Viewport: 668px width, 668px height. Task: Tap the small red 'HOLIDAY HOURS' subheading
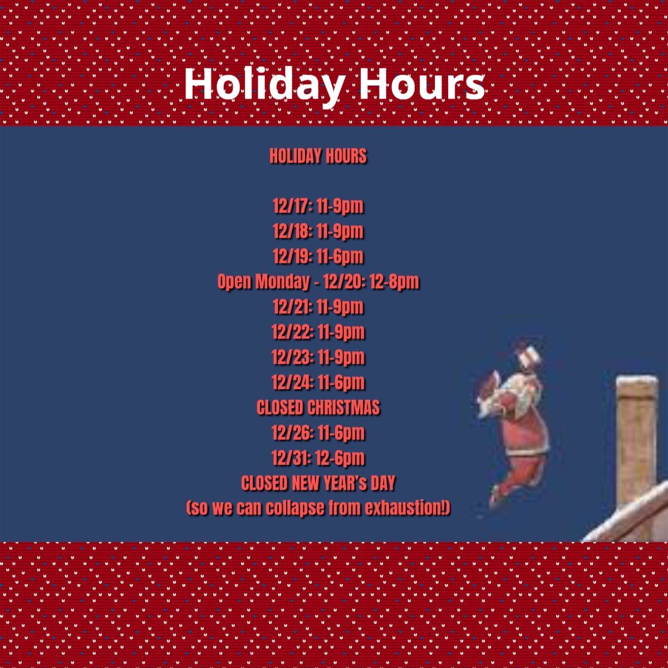coord(318,156)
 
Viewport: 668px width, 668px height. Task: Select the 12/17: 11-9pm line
coord(318,206)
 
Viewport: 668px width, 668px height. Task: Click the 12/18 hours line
coord(318,231)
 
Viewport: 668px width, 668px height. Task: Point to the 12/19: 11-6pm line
coord(318,257)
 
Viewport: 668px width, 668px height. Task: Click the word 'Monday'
coord(283,281)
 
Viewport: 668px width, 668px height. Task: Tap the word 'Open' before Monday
coord(234,282)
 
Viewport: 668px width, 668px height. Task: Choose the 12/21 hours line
coord(318,307)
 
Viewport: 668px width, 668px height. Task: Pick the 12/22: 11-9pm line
coord(318,332)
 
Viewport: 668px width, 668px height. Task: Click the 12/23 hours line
coord(318,357)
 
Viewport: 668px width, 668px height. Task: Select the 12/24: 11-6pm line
coord(318,382)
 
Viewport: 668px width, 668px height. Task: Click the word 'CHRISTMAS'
coord(343,407)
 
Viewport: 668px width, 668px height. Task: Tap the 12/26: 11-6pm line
coord(318,433)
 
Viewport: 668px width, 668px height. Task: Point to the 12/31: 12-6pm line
coord(318,458)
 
